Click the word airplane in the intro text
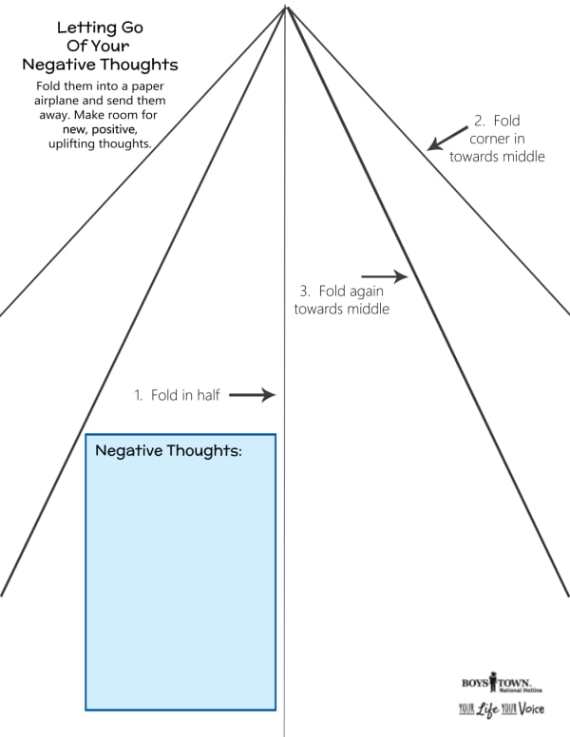[56, 101]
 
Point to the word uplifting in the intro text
[71, 143]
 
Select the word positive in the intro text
[115, 129]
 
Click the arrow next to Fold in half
[252, 395]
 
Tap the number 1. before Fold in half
[139, 395]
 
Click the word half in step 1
[207, 395]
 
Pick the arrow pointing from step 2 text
[447, 139]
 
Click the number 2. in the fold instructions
[480, 121]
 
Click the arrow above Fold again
[385, 276]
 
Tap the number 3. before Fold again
[305, 291]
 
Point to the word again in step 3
[367, 292]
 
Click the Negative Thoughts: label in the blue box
[168, 450]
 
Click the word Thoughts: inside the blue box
[204, 450]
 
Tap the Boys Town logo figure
[493, 682]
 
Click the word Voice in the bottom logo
[532, 708]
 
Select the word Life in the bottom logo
[487, 709]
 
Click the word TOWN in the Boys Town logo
[514, 683]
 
